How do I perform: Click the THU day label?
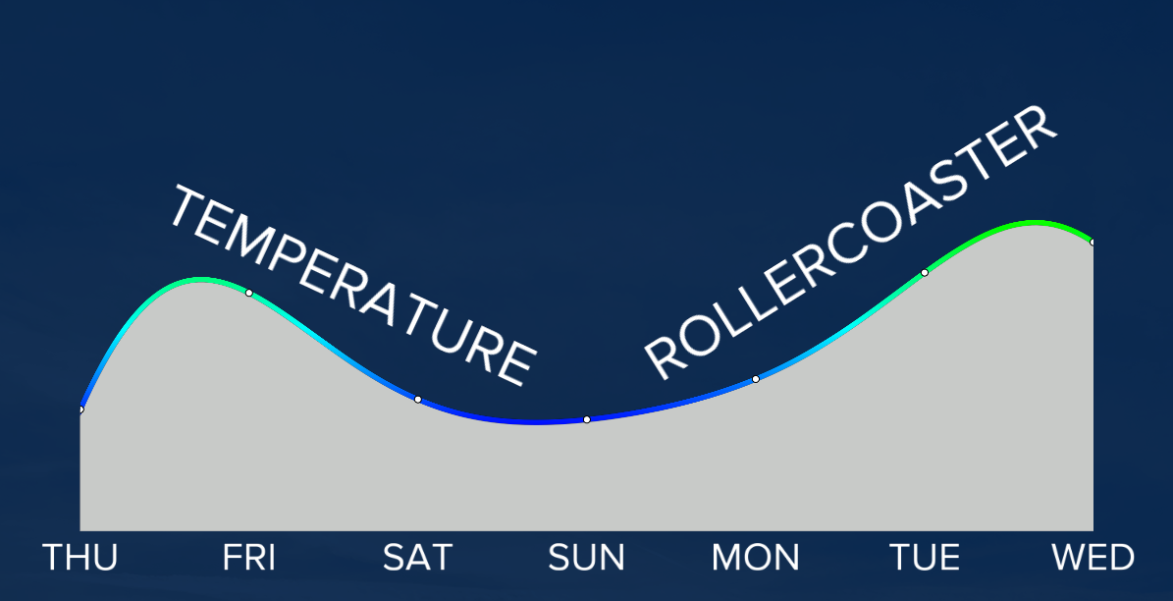pos(80,558)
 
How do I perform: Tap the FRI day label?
pos(249,558)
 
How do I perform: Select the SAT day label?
pos(417,558)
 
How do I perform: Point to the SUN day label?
pos(587,558)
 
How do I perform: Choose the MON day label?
pos(756,558)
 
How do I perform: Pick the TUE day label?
pos(925,558)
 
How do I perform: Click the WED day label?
pos(1093,558)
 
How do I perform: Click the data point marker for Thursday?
pos(80,410)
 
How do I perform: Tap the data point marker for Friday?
pos(249,293)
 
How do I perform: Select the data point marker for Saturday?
pos(418,399)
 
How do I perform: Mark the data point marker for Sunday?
pos(587,419)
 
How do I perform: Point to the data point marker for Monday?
pos(756,379)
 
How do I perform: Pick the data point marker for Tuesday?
pos(925,272)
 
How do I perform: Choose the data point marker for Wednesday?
pos(1093,242)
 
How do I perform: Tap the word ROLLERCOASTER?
pos(851,242)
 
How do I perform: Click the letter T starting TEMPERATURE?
pos(187,207)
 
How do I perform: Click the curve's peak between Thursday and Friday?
pos(200,280)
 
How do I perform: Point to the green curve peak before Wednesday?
pos(1034,223)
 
